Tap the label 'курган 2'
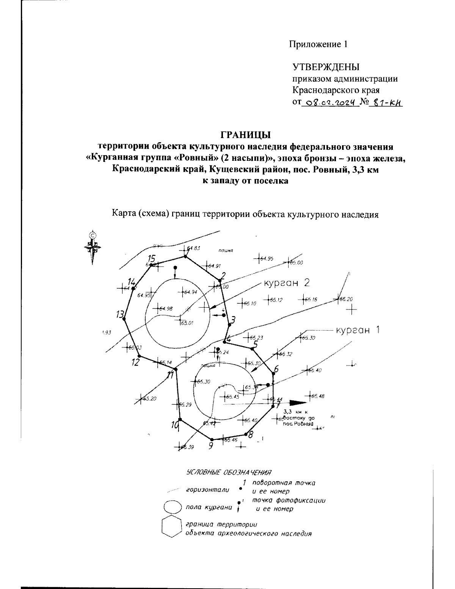point(287,283)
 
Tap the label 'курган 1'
point(356,330)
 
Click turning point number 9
point(212,439)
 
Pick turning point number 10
point(180,419)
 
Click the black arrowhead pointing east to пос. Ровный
point(297,402)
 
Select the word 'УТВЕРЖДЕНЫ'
point(326,68)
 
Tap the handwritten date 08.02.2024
point(329,102)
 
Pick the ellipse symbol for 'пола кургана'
point(173,507)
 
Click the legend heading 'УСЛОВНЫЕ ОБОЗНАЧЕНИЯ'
point(229,473)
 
